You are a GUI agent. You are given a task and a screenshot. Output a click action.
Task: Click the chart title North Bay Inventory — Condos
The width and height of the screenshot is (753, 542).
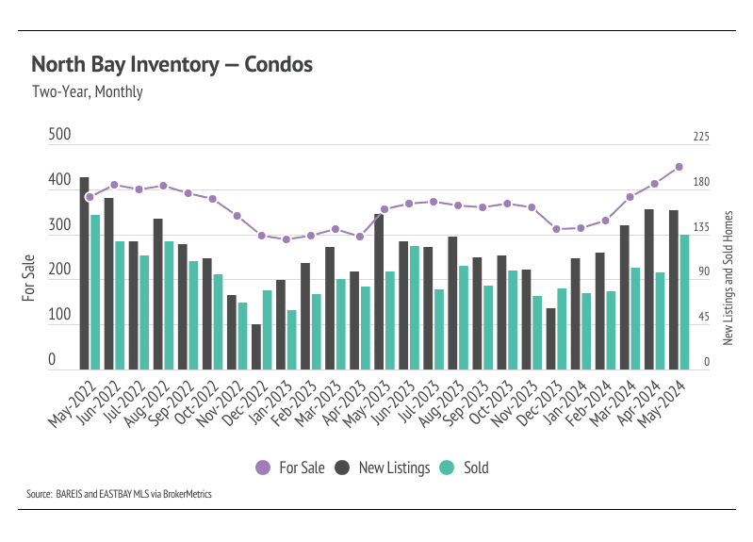(x=172, y=65)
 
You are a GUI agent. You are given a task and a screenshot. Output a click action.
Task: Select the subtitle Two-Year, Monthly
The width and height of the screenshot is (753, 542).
(x=87, y=92)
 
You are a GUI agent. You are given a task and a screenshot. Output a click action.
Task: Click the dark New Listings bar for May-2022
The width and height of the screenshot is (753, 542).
(x=84, y=273)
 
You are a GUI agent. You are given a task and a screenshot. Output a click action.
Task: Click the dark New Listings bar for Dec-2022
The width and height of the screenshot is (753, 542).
(x=255, y=346)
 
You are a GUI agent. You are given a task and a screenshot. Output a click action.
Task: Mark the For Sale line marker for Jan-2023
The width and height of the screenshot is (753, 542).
(x=286, y=239)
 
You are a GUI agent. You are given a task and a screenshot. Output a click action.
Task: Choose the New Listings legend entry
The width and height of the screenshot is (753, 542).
(x=384, y=468)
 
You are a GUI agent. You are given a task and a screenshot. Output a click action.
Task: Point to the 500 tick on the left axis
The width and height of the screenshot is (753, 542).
(x=59, y=136)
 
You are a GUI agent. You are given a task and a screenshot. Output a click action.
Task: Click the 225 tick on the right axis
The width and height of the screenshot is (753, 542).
(x=701, y=137)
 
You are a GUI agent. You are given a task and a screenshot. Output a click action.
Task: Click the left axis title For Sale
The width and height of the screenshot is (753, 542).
(x=29, y=278)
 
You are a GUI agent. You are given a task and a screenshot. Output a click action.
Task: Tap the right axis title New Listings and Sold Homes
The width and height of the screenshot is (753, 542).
(x=728, y=277)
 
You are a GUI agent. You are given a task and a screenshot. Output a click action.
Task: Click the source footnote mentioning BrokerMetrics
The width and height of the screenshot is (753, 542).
(x=119, y=493)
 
